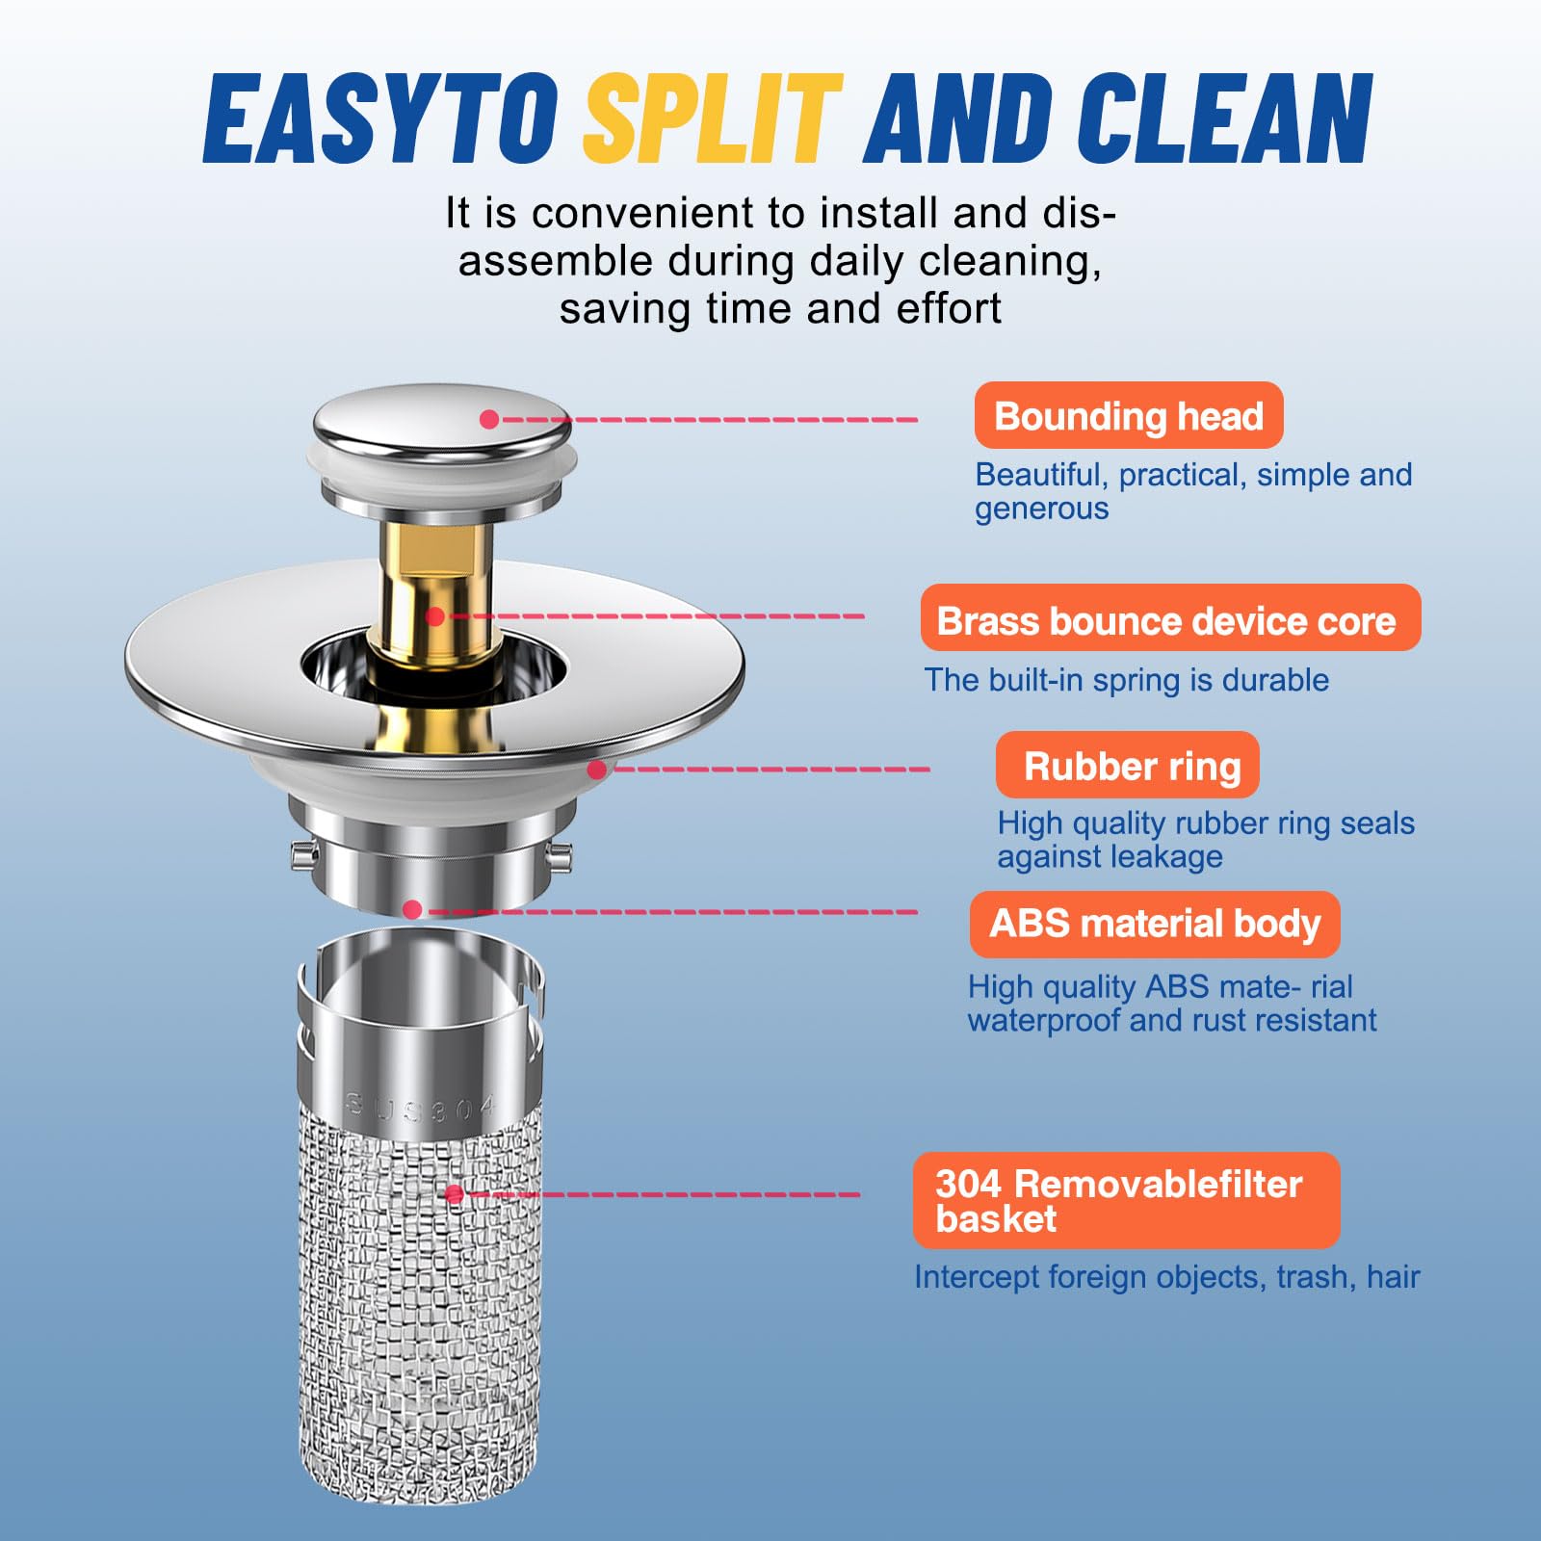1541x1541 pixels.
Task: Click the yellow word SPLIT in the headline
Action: click(713, 118)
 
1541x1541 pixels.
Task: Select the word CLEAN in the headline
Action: click(1225, 118)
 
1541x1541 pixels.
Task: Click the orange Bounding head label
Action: click(1129, 415)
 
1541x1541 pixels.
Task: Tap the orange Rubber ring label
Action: click(1128, 765)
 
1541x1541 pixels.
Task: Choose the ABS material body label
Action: click(1155, 924)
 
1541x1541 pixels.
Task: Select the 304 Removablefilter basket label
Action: click(1126, 1200)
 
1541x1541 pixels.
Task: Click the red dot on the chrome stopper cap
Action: click(489, 419)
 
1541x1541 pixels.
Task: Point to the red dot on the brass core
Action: click(435, 616)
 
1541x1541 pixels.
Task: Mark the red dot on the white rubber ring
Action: click(597, 770)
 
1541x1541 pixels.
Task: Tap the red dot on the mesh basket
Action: click(455, 1194)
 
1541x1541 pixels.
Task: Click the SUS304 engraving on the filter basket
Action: click(421, 1108)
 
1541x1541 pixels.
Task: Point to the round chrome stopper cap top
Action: click(442, 420)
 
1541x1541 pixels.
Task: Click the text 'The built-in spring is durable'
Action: click(1127, 680)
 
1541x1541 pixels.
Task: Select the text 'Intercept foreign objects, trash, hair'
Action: click(1167, 1277)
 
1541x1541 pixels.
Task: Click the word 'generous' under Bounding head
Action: click(1042, 509)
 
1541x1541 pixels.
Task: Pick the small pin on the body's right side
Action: click(560, 852)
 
